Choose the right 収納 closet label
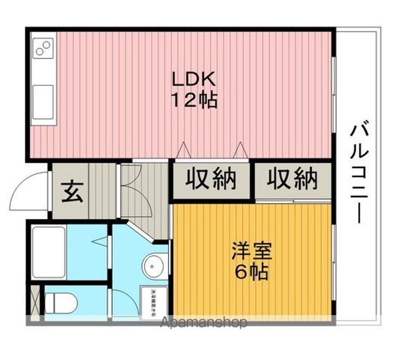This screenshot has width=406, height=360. click(292, 180)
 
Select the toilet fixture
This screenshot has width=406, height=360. click(60, 302)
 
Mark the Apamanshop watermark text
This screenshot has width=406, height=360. click(204, 323)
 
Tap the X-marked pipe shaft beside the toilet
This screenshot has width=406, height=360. click(35, 302)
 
